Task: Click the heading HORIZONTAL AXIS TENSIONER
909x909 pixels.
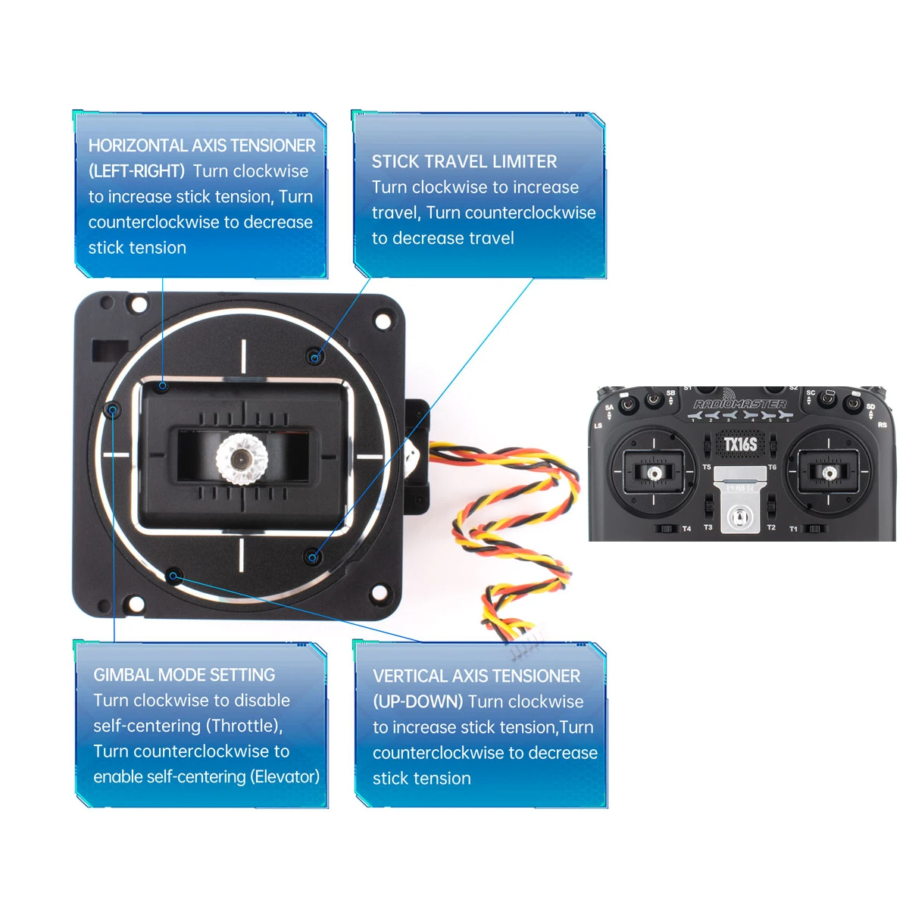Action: [x=201, y=145]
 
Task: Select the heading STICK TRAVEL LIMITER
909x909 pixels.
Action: [x=464, y=161]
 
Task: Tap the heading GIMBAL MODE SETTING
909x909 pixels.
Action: [x=184, y=675]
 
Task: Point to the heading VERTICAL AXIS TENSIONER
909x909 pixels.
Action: [x=476, y=676]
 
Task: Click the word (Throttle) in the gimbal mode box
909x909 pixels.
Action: [x=245, y=726]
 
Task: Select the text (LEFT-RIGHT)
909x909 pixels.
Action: [x=136, y=171]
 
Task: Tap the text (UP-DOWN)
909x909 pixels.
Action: [x=417, y=701]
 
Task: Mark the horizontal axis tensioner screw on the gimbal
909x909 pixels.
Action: [x=163, y=386]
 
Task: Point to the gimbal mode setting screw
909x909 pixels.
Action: [x=113, y=411]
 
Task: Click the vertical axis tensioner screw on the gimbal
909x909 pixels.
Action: [x=173, y=576]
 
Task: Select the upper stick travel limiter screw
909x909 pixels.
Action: [x=314, y=356]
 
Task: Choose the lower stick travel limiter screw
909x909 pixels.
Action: [x=312, y=558]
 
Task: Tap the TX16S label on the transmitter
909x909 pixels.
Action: [x=740, y=444]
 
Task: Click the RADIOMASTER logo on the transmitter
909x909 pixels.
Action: [x=739, y=405]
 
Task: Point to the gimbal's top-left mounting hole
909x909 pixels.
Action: [x=139, y=305]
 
